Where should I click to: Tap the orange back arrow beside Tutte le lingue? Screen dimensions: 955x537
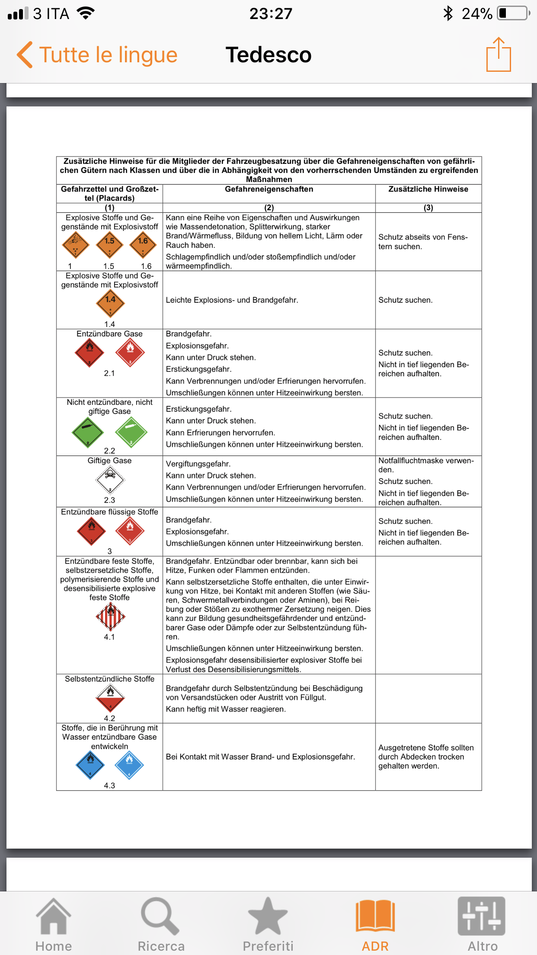pyautogui.click(x=25, y=55)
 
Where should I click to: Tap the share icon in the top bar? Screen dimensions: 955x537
pyautogui.click(x=499, y=54)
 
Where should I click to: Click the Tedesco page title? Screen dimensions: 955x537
pyautogui.click(x=268, y=55)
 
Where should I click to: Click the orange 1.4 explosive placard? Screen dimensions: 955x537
pyautogui.click(x=110, y=304)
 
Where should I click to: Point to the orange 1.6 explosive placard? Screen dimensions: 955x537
pyautogui.click(x=143, y=245)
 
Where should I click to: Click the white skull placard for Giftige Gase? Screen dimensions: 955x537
pyautogui.click(x=110, y=479)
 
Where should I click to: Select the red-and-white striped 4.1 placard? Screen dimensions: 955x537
pyautogui.click(x=110, y=616)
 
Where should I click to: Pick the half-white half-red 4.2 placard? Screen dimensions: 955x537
pyautogui.click(x=110, y=698)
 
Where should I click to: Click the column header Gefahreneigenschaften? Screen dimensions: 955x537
pyautogui.click(x=269, y=189)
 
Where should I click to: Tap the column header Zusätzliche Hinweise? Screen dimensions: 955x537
pyautogui.click(x=428, y=189)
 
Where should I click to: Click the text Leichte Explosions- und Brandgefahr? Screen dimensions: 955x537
pyautogui.click(x=232, y=300)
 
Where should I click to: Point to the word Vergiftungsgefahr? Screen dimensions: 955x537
pyautogui.click(x=198, y=464)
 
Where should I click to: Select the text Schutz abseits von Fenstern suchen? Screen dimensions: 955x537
pyautogui.click(x=423, y=242)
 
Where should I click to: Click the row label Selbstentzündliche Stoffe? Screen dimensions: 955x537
pyautogui.click(x=109, y=679)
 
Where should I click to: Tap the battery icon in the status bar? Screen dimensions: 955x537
pyautogui.click(x=513, y=13)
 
